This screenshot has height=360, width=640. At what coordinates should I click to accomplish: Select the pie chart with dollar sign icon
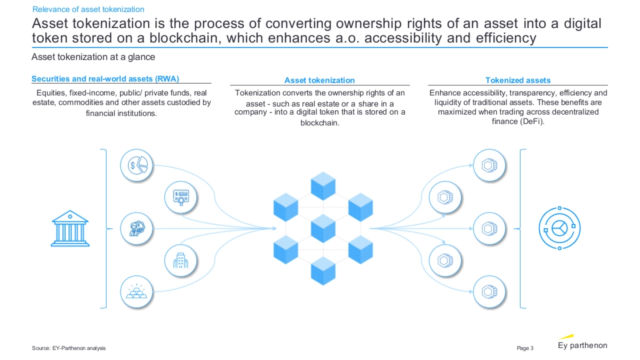click(x=137, y=165)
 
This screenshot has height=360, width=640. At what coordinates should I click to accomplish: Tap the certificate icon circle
click(x=181, y=197)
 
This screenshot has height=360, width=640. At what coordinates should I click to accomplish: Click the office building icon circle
click(x=181, y=260)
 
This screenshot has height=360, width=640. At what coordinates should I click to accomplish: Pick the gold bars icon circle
click(x=137, y=292)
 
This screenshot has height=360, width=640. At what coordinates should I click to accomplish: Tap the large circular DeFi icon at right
click(x=558, y=229)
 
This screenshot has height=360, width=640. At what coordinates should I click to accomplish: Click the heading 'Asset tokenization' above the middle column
click(x=319, y=81)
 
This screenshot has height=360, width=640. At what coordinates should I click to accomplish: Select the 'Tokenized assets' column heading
click(x=518, y=81)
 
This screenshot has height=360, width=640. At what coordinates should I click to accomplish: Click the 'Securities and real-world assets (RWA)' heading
click(x=105, y=79)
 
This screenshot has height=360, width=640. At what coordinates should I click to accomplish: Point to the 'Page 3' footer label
click(x=525, y=348)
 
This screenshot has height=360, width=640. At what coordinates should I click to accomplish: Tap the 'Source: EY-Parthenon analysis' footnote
click(x=69, y=348)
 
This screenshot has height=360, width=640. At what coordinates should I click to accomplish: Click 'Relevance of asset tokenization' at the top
click(x=88, y=9)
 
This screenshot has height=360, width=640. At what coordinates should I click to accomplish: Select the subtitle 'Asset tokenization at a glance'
click(x=93, y=57)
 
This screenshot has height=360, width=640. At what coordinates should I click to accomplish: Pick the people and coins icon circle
click(x=137, y=228)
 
